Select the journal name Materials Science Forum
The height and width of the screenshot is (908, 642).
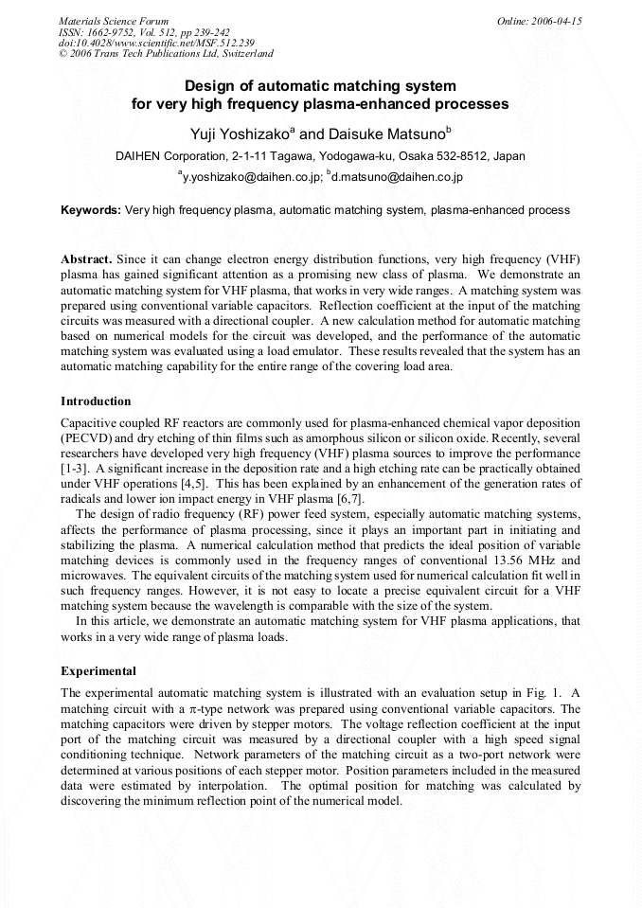(x=114, y=21)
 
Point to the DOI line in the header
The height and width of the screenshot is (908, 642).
(x=156, y=43)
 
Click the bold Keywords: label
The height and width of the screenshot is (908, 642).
(x=91, y=210)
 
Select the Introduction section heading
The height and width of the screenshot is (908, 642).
(x=96, y=401)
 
